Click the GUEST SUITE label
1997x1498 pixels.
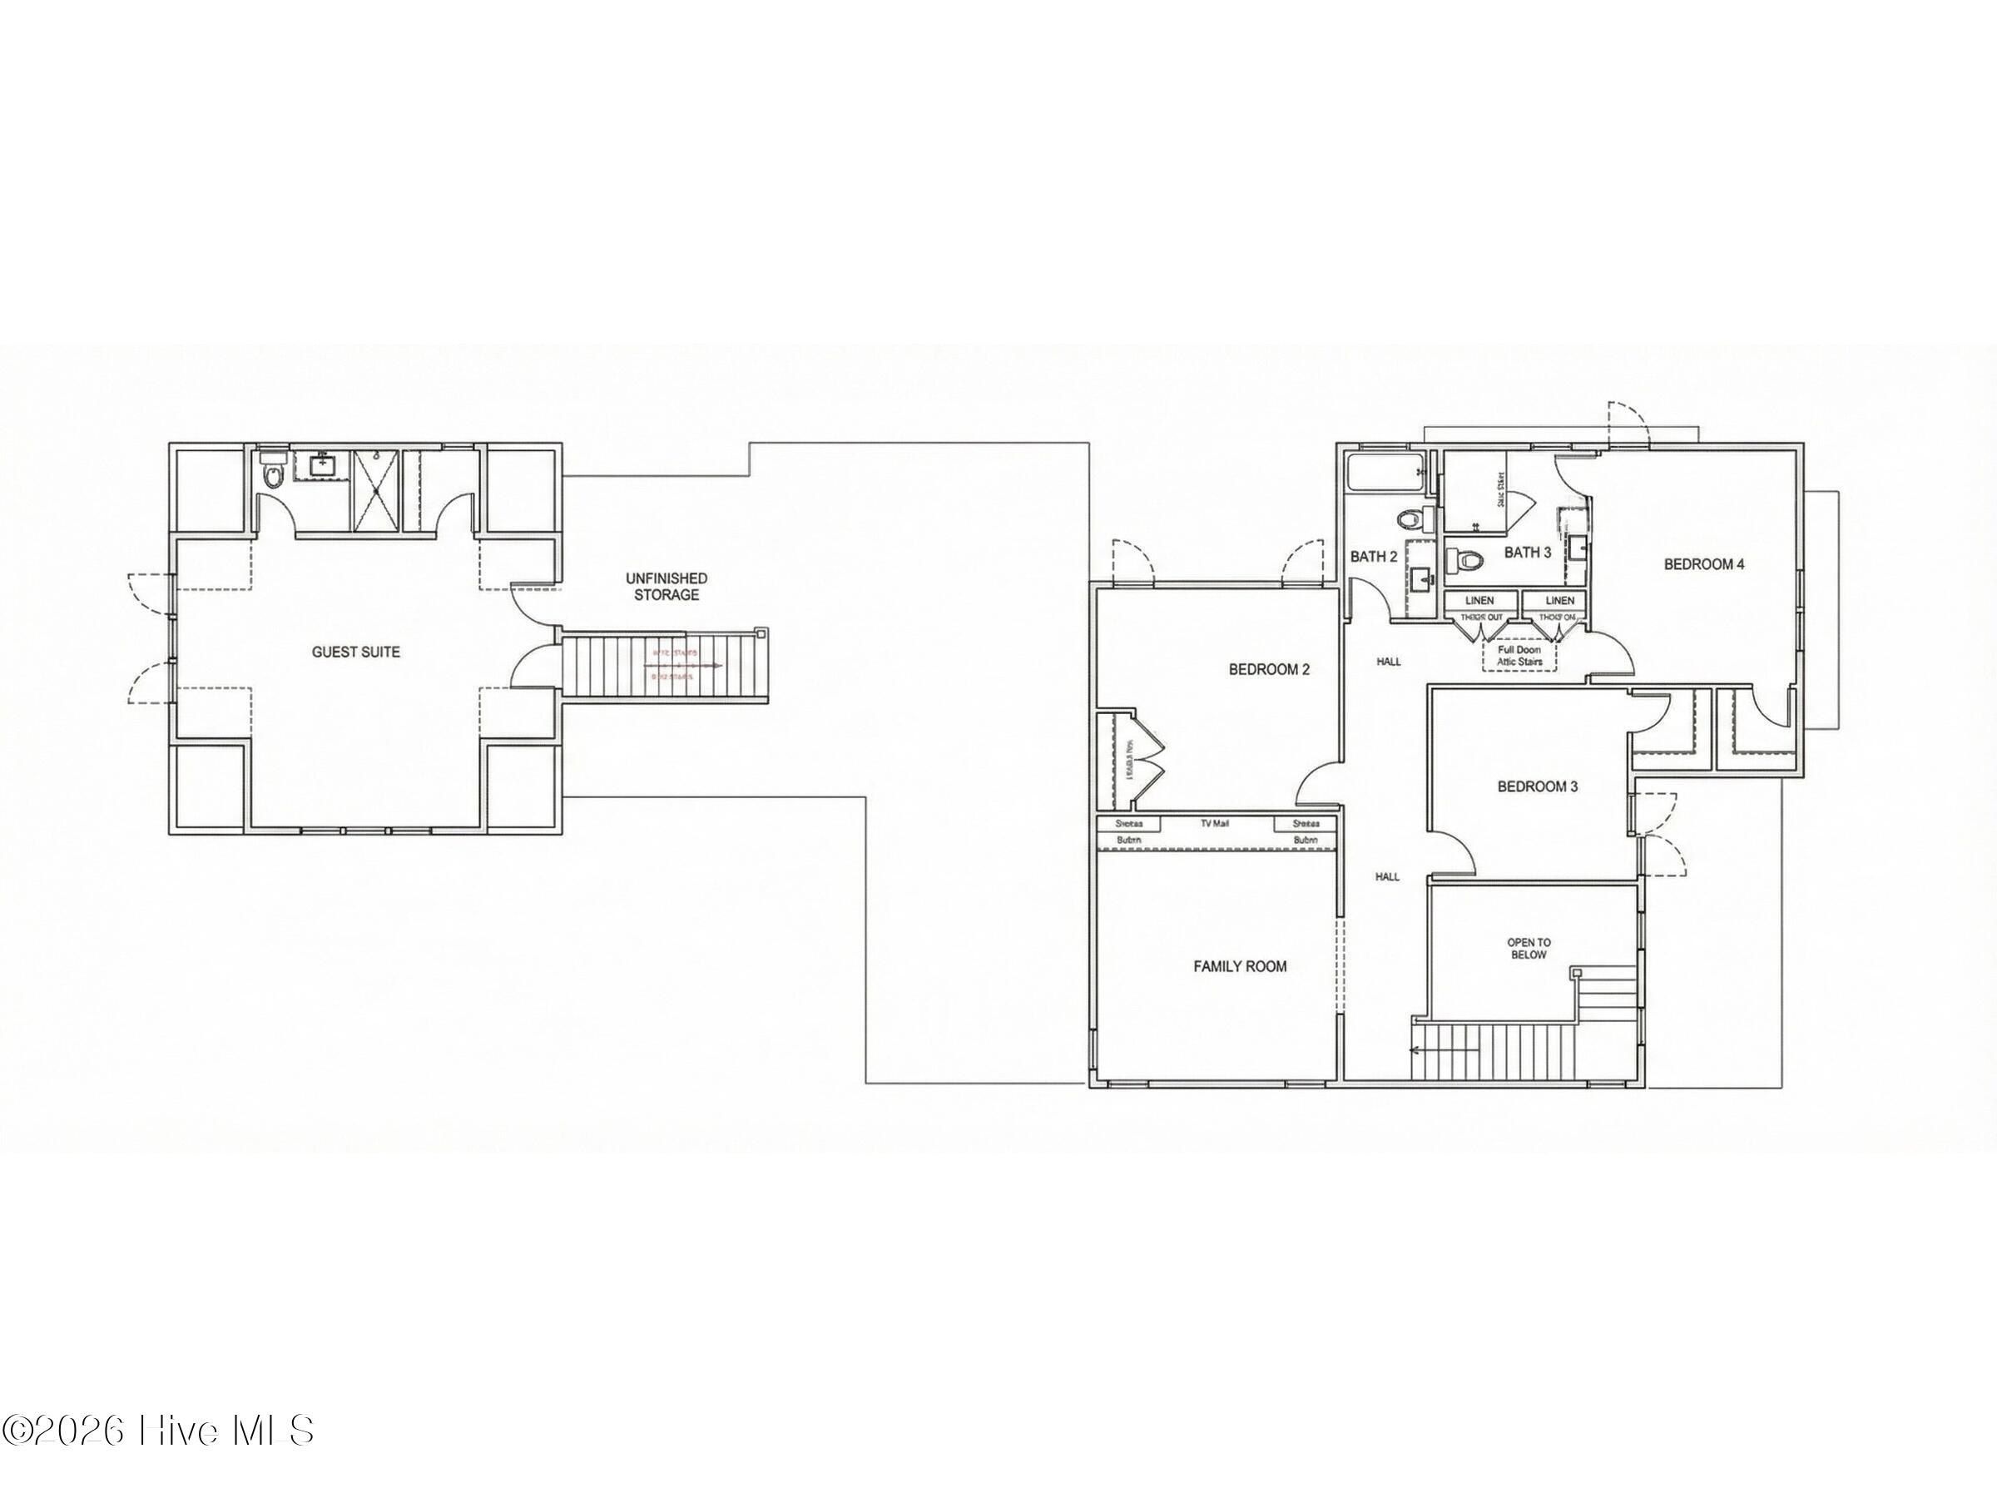pos(355,652)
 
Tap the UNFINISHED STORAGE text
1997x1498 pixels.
pos(666,586)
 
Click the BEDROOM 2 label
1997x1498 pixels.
pos(1268,670)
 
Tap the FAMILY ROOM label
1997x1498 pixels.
pos(1240,966)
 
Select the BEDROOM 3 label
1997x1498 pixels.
pos(1537,786)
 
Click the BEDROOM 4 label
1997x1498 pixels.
pos(1703,564)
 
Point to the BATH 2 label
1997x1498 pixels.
pos(1373,557)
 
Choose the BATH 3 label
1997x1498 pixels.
pos(1528,553)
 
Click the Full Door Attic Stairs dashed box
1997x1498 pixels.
pos(1519,656)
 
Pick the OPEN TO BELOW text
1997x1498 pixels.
pos(1528,949)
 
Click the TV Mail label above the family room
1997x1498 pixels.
pos(1215,824)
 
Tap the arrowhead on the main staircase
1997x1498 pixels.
pos(1415,1050)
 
